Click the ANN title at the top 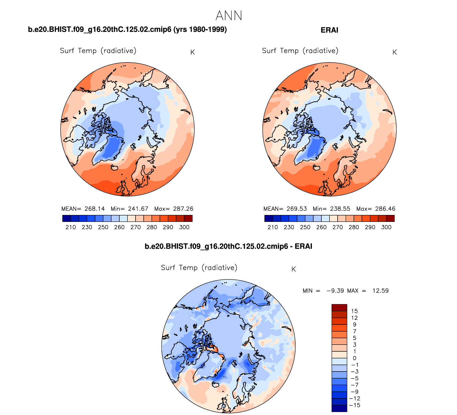click(229, 15)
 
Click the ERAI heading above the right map click(329, 30)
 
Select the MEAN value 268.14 click(95, 209)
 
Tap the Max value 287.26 click(183, 209)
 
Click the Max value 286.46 click(385, 209)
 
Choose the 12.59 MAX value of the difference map click(380, 291)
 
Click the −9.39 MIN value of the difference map click(335, 291)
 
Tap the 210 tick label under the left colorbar click(71, 227)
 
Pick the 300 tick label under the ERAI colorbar click(386, 227)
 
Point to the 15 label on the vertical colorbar click(354, 311)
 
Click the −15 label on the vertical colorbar click(355, 405)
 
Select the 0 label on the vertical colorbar click(354, 358)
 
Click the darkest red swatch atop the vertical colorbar click(339, 308)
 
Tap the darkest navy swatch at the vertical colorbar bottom click(339, 408)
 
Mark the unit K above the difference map click(293, 269)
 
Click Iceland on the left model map click(115, 167)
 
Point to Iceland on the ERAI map click(317, 167)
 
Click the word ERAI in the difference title click(303, 246)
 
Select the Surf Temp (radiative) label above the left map click(98, 51)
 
